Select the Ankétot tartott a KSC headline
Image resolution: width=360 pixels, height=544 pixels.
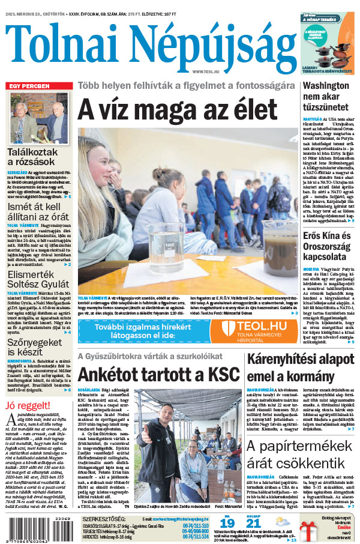(x=158, y=375)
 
